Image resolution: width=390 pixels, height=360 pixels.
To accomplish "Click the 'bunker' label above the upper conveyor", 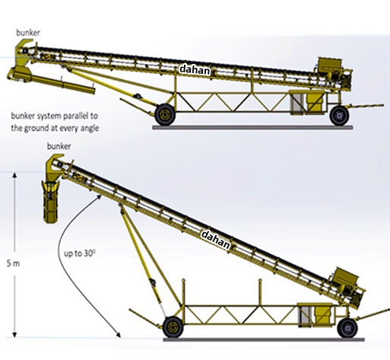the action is point(28,33).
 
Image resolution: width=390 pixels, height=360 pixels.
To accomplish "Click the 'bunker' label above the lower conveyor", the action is point(59,146).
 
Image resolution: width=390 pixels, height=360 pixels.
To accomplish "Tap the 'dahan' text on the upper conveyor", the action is point(195,70).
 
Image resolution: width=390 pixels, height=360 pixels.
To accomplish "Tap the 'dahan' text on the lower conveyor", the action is point(216,240).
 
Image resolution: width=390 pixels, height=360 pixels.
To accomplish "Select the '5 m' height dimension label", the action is point(13,264).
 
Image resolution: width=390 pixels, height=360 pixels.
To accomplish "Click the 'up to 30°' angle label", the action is point(80,253).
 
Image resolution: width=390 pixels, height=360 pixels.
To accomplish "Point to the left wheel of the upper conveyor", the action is point(165,115).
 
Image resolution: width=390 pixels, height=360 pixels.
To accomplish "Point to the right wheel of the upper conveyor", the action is point(339,116).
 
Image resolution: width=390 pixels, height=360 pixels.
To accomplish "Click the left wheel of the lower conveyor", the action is point(173,327).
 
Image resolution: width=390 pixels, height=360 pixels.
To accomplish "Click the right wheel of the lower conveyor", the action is point(347,328).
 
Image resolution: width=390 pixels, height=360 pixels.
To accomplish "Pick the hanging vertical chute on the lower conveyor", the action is point(52,202).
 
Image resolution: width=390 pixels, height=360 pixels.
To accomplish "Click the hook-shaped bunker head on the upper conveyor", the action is point(22,52).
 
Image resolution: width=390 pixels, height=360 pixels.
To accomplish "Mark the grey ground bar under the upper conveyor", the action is point(252,127).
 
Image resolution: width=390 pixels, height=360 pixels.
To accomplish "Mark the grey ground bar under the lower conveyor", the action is point(264,339).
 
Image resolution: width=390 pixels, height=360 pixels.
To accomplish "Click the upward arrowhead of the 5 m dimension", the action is point(14,175).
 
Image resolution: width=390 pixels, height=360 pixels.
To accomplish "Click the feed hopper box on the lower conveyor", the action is point(346,276).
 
